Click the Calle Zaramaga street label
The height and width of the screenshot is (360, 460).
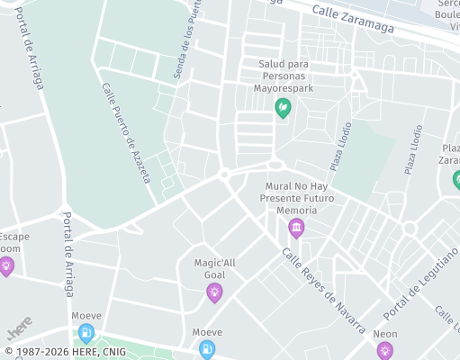(353, 20)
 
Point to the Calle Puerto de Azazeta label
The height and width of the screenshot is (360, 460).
(126, 133)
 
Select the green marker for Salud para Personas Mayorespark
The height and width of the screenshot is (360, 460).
(283, 108)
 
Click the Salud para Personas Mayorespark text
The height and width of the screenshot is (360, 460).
(284, 77)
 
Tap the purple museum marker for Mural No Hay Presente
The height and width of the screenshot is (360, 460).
(296, 229)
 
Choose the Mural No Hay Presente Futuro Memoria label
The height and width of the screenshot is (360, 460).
(297, 198)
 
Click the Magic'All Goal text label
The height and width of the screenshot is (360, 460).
(214, 269)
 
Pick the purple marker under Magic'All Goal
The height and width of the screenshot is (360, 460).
(214, 292)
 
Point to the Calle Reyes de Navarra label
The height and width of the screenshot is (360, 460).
(323, 291)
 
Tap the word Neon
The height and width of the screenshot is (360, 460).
(385, 334)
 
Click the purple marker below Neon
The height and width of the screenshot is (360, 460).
(385, 351)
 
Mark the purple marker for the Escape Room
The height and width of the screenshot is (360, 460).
(6, 265)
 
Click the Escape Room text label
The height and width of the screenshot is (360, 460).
(13, 242)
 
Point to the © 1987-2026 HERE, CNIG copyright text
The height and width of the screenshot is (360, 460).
(66, 352)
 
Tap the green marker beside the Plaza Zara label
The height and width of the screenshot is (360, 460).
(457, 180)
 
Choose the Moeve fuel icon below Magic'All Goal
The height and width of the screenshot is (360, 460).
(207, 349)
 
